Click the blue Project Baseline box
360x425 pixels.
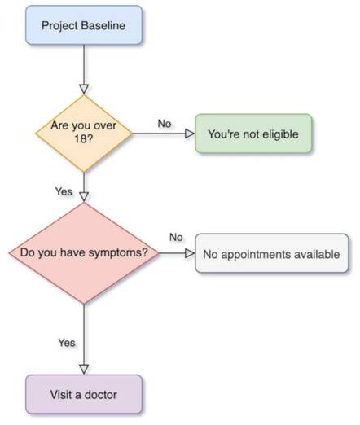coord(84,25)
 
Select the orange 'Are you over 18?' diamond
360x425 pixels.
coord(84,134)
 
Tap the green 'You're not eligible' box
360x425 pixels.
coord(253,134)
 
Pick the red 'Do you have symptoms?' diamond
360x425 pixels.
coord(84,253)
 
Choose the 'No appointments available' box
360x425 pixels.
coord(272,253)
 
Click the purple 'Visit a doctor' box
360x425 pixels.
coord(84,394)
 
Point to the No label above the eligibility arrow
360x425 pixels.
coord(165,124)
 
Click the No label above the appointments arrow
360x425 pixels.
coord(176,237)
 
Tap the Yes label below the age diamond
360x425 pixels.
coord(64,191)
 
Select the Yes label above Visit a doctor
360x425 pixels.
coord(67,343)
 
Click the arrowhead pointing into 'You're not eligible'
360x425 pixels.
coord(190,134)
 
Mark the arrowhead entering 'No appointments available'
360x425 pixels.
coord(190,253)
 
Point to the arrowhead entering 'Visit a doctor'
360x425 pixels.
coord(84,370)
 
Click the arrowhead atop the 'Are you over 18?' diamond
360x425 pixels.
coord(84,90)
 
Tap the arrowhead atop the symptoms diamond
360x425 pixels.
coord(84,197)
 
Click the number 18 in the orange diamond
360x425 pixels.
coord(80,139)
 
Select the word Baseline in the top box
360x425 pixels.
coord(103,25)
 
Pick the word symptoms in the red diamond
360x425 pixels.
coord(115,253)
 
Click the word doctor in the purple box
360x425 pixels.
coord(100,395)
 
